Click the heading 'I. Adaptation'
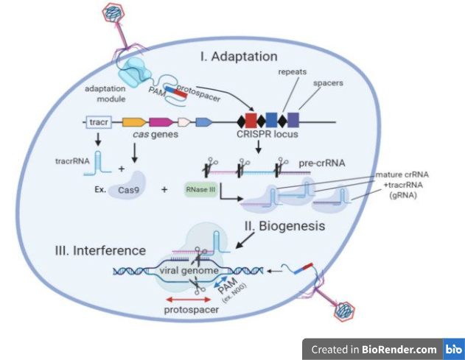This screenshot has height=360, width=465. click(x=238, y=56)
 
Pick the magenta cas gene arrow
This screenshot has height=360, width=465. click(x=159, y=121)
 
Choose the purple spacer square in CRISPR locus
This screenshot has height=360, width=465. click(x=293, y=121)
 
